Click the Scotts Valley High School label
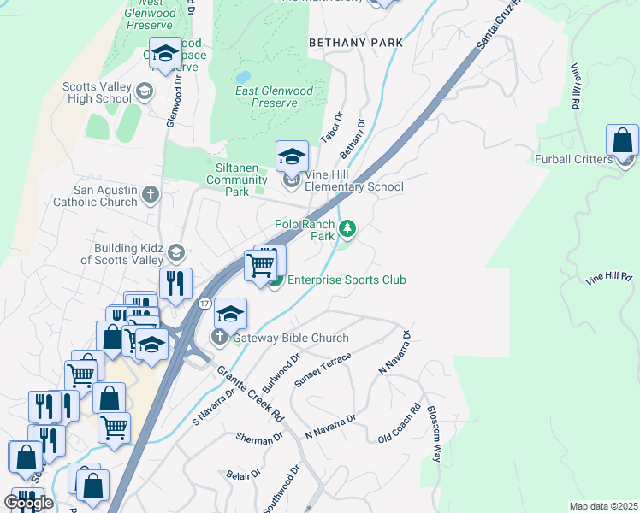point(97,92)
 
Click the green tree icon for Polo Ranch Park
point(347,228)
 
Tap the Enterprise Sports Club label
point(346,280)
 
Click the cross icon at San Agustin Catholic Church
point(151,195)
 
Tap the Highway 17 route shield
point(204,304)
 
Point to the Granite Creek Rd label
point(250,394)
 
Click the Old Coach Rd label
point(400,424)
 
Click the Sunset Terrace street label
point(323,369)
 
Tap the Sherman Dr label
point(259,437)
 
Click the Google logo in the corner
point(28,503)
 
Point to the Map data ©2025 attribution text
point(602,506)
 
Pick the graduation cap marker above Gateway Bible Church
point(230,314)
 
